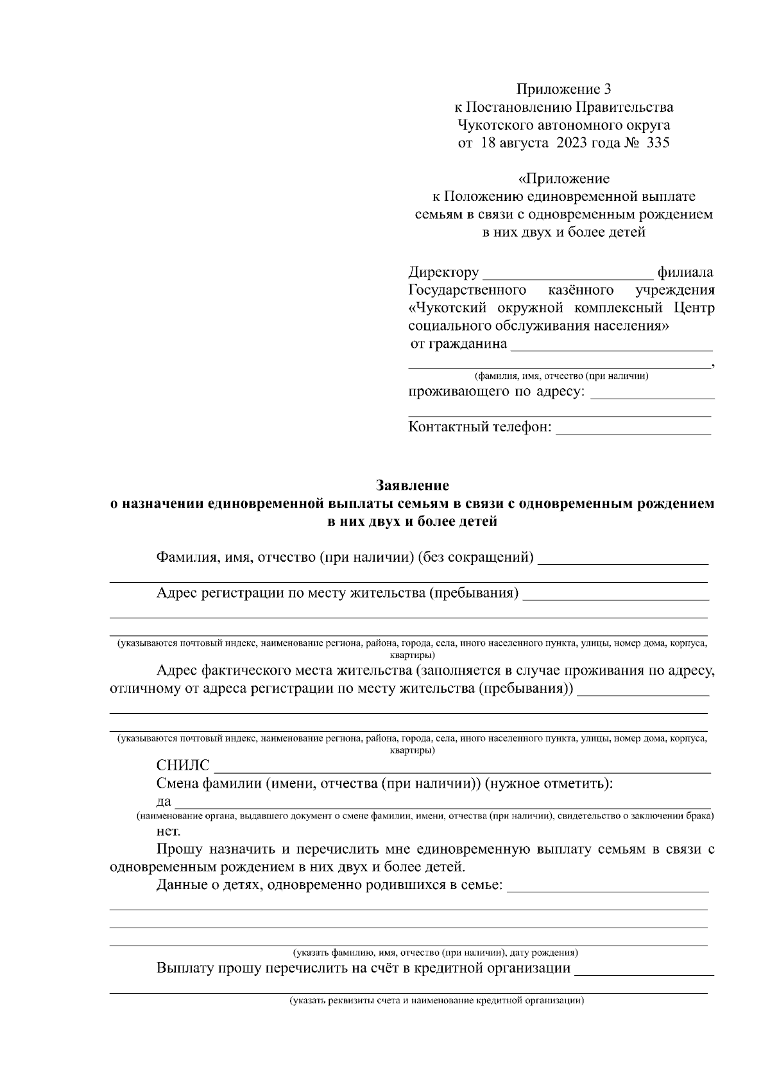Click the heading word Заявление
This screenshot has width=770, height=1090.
pos(412,485)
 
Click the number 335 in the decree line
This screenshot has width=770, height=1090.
pos(658,143)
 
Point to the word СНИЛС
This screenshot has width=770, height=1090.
pos(183,765)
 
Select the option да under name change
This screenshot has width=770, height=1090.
pos(163,802)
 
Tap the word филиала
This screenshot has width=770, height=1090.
pos(685,273)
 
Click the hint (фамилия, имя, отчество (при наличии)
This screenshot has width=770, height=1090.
pos(561,376)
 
